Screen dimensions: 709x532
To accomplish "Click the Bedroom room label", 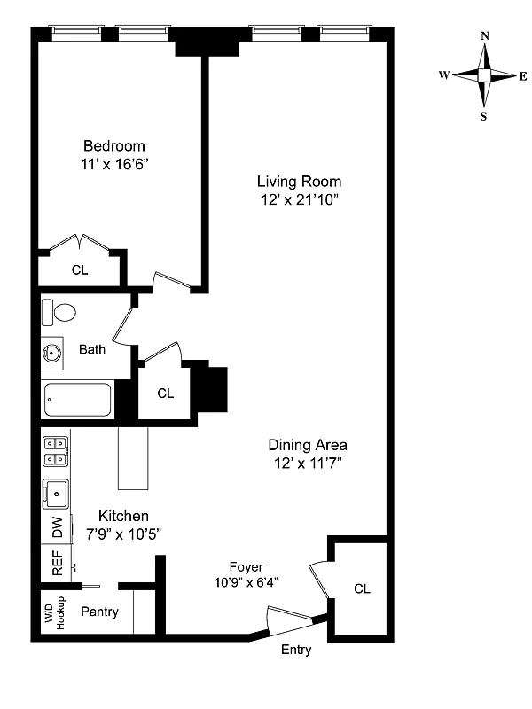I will (x=113, y=146).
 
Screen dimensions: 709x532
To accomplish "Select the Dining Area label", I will (x=308, y=445).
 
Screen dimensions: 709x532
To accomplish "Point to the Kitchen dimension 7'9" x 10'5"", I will (x=122, y=534).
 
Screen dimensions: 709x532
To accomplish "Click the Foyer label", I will (x=246, y=566).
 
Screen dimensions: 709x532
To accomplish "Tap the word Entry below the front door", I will (x=296, y=650).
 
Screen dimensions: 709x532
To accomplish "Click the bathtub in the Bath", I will (x=77, y=399).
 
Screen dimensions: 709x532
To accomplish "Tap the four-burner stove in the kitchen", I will (x=55, y=451).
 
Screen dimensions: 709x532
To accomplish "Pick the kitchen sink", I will (x=55, y=491).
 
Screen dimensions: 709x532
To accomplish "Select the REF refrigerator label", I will (x=56, y=565).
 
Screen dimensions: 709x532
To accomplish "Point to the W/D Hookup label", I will (x=55, y=613).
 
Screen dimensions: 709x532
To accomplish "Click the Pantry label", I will (x=100, y=612).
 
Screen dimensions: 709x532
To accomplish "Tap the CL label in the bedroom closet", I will (x=80, y=270).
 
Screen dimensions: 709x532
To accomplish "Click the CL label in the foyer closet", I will (x=362, y=588).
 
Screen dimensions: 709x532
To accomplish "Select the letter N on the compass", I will (x=484, y=36).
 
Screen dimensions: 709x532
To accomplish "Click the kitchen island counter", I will (x=133, y=457).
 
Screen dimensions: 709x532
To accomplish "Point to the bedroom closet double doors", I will (x=80, y=242).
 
